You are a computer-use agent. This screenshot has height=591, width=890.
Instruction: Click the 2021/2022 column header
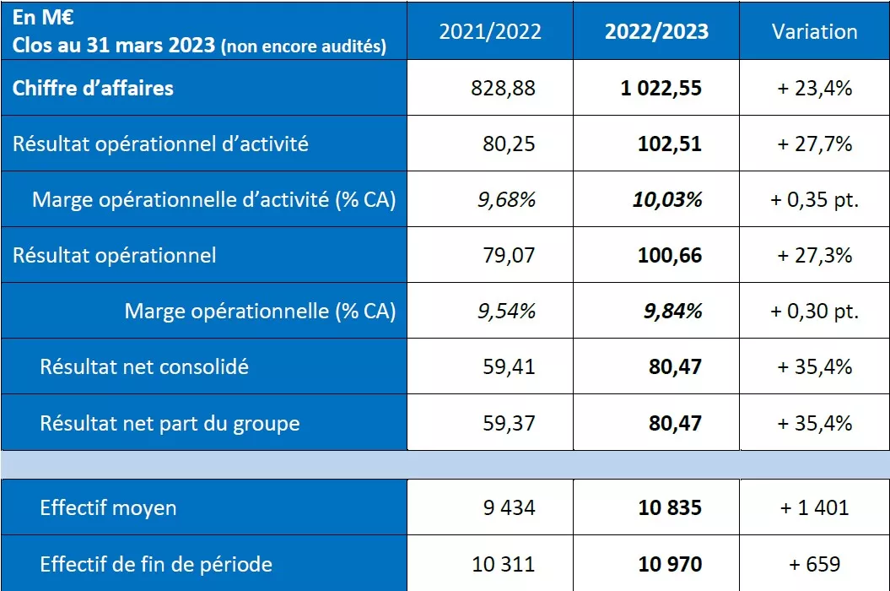(490, 32)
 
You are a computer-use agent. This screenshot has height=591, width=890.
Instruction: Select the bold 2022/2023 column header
(656, 32)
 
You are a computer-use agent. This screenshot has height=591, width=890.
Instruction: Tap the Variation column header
(814, 32)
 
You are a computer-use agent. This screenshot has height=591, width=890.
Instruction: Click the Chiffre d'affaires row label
(93, 88)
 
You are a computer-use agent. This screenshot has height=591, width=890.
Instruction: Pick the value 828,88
(503, 88)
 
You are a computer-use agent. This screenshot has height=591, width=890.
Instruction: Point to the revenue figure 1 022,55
(661, 88)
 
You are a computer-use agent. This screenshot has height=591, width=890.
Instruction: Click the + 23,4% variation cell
(814, 88)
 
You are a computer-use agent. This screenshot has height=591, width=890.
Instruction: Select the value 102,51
(669, 144)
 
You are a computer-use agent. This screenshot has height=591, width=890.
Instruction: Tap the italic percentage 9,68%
(506, 199)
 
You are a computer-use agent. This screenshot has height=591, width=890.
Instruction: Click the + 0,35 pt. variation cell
(814, 199)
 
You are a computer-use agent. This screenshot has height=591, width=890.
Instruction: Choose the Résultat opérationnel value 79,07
(509, 255)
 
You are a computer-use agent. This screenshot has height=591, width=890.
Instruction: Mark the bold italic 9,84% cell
(672, 311)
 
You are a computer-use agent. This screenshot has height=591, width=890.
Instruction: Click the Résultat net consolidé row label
(144, 366)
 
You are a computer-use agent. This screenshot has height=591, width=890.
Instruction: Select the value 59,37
(509, 422)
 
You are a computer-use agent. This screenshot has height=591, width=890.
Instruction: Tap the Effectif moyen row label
(108, 507)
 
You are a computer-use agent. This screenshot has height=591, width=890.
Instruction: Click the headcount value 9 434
(508, 507)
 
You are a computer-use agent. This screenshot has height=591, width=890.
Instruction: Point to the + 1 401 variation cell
(814, 507)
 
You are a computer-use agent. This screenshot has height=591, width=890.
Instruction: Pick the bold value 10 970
(669, 563)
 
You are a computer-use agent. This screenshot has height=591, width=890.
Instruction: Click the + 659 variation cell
(814, 563)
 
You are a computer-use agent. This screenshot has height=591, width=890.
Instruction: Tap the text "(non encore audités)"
(303, 46)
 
